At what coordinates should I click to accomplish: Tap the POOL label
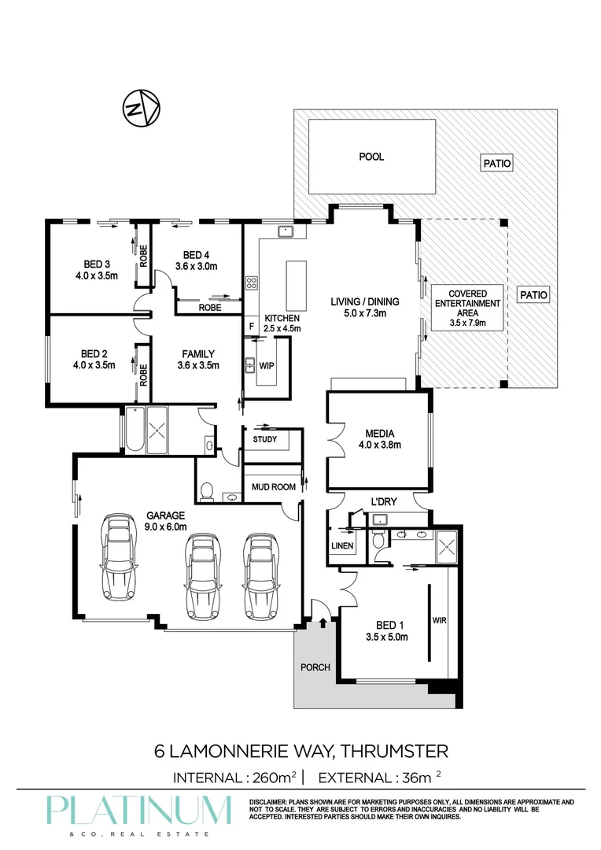tap(371, 157)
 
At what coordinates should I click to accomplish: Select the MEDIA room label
tap(379, 434)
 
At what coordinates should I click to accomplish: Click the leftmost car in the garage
tap(118, 556)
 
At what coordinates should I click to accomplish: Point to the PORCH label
tap(315, 667)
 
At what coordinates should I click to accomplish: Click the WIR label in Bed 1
tap(440, 620)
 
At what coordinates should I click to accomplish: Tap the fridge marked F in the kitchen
tap(252, 327)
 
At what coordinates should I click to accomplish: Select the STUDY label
tap(265, 439)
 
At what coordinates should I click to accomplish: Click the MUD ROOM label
tap(273, 487)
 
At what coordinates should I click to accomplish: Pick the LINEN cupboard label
tap(342, 546)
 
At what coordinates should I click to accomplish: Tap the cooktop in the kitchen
tap(252, 283)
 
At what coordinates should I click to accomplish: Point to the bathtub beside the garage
tap(135, 430)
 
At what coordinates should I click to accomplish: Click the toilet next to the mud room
tap(206, 491)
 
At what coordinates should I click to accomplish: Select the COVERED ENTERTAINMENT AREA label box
tap(467, 308)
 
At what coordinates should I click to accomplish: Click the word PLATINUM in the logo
tap(138, 811)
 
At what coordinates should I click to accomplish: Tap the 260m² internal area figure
tap(275, 778)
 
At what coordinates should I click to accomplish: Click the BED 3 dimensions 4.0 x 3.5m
tap(97, 275)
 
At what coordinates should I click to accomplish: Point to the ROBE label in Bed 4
tap(210, 308)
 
